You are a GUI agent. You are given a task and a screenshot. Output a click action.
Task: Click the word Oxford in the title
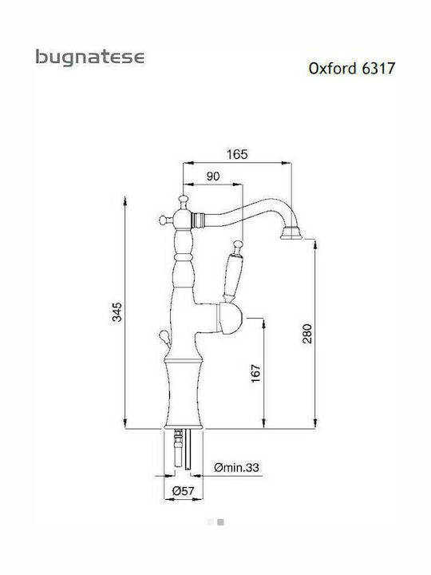330,69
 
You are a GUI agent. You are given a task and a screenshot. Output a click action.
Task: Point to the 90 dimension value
212,177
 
